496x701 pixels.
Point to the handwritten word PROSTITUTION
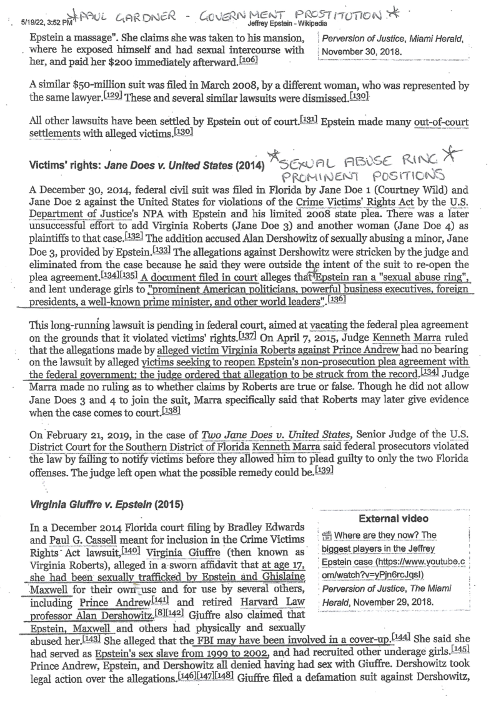pyautogui.click(x=337, y=14)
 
